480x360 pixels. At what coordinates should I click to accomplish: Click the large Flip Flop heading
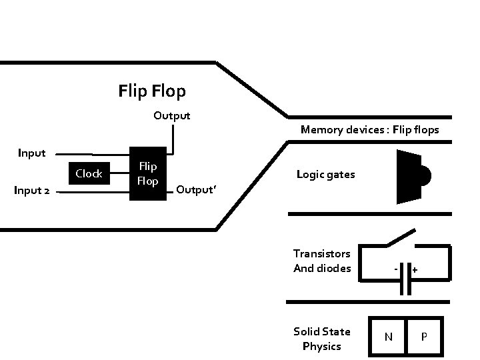[x=152, y=91]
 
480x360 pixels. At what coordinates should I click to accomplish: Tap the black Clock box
[x=89, y=173]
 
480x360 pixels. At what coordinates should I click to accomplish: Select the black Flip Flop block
[x=148, y=173]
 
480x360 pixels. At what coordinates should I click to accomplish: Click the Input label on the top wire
[x=32, y=153]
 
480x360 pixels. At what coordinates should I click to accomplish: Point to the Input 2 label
[x=32, y=191]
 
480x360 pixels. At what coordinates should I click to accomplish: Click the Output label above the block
[x=172, y=116]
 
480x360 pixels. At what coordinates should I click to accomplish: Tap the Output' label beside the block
[x=196, y=190]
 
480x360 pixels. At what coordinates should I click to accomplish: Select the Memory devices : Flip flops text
[x=370, y=130]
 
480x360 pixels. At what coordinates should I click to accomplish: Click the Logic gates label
[x=326, y=175]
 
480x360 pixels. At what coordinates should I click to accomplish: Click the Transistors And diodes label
[x=322, y=261]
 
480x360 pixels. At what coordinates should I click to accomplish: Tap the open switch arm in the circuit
[x=401, y=237]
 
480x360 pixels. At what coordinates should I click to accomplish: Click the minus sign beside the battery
[x=396, y=269]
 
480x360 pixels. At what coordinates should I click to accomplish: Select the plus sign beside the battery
[x=415, y=270]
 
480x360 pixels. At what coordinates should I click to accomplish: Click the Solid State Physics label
[x=322, y=339]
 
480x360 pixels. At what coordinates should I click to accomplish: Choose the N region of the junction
[x=388, y=337]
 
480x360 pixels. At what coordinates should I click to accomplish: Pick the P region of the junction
[x=424, y=337]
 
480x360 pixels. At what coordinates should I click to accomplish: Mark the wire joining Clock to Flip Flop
[x=120, y=173]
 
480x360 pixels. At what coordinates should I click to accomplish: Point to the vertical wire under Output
[x=173, y=139]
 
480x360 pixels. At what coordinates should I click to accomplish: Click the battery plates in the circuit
[x=405, y=279]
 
